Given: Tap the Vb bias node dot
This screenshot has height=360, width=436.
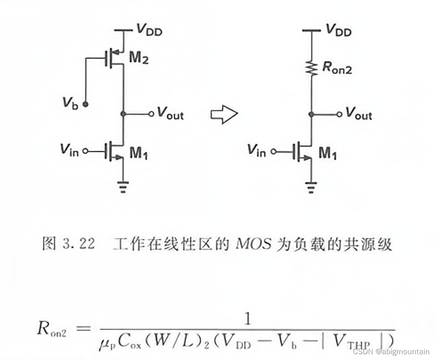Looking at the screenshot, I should (86, 104).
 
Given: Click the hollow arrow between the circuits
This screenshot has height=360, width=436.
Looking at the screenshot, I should (224, 114).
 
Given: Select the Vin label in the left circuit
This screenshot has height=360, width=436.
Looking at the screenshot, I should (69, 150).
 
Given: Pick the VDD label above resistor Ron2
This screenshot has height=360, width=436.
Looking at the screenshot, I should (339, 30).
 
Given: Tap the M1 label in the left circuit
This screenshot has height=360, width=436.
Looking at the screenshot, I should (139, 153).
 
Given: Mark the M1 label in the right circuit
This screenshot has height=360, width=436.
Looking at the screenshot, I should (328, 154).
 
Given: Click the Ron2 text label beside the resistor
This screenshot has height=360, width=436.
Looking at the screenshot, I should (337, 68).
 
